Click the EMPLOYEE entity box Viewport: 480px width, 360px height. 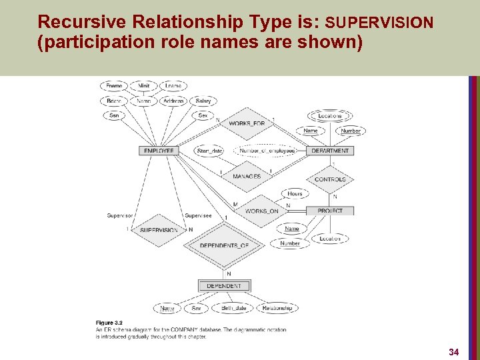pyautogui.click(x=159, y=151)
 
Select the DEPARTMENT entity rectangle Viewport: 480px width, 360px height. pyautogui.click(x=331, y=151)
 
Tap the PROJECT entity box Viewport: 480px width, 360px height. pyautogui.click(x=330, y=211)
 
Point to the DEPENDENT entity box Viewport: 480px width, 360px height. pyautogui.click(x=224, y=286)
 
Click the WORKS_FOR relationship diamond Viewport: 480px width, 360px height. pyautogui.click(x=247, y=123)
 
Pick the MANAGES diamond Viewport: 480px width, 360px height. pyautogui.click(x=247, y=176)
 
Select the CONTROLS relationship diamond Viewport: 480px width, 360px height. pyautogui.click(x=330, y=179)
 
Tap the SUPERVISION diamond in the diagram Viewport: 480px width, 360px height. pyautogui.click(x=159, y=230)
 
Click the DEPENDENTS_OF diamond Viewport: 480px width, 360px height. pyautogui.click(x=224, y=245)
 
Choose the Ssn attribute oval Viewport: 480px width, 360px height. pyautogui.click(x=114, y=115)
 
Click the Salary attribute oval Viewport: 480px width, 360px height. pyautogui.click(x=203, y=101)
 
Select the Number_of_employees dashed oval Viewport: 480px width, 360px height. pyautogui.click(x=267, y=151)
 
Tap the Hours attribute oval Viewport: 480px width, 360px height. pyautogui.click(x=295, y=194)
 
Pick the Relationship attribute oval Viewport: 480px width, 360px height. pyautogui.click(x=277, y=308)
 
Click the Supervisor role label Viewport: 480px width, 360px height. pyautogui.click(x=120, y=215)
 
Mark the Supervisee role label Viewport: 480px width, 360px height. pyautogui.click(x=198, y=215)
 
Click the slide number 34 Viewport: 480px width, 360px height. pyautogui.click(x=454, y=351)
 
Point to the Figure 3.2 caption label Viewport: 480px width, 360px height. pyautogui.click(x=109, y=322)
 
